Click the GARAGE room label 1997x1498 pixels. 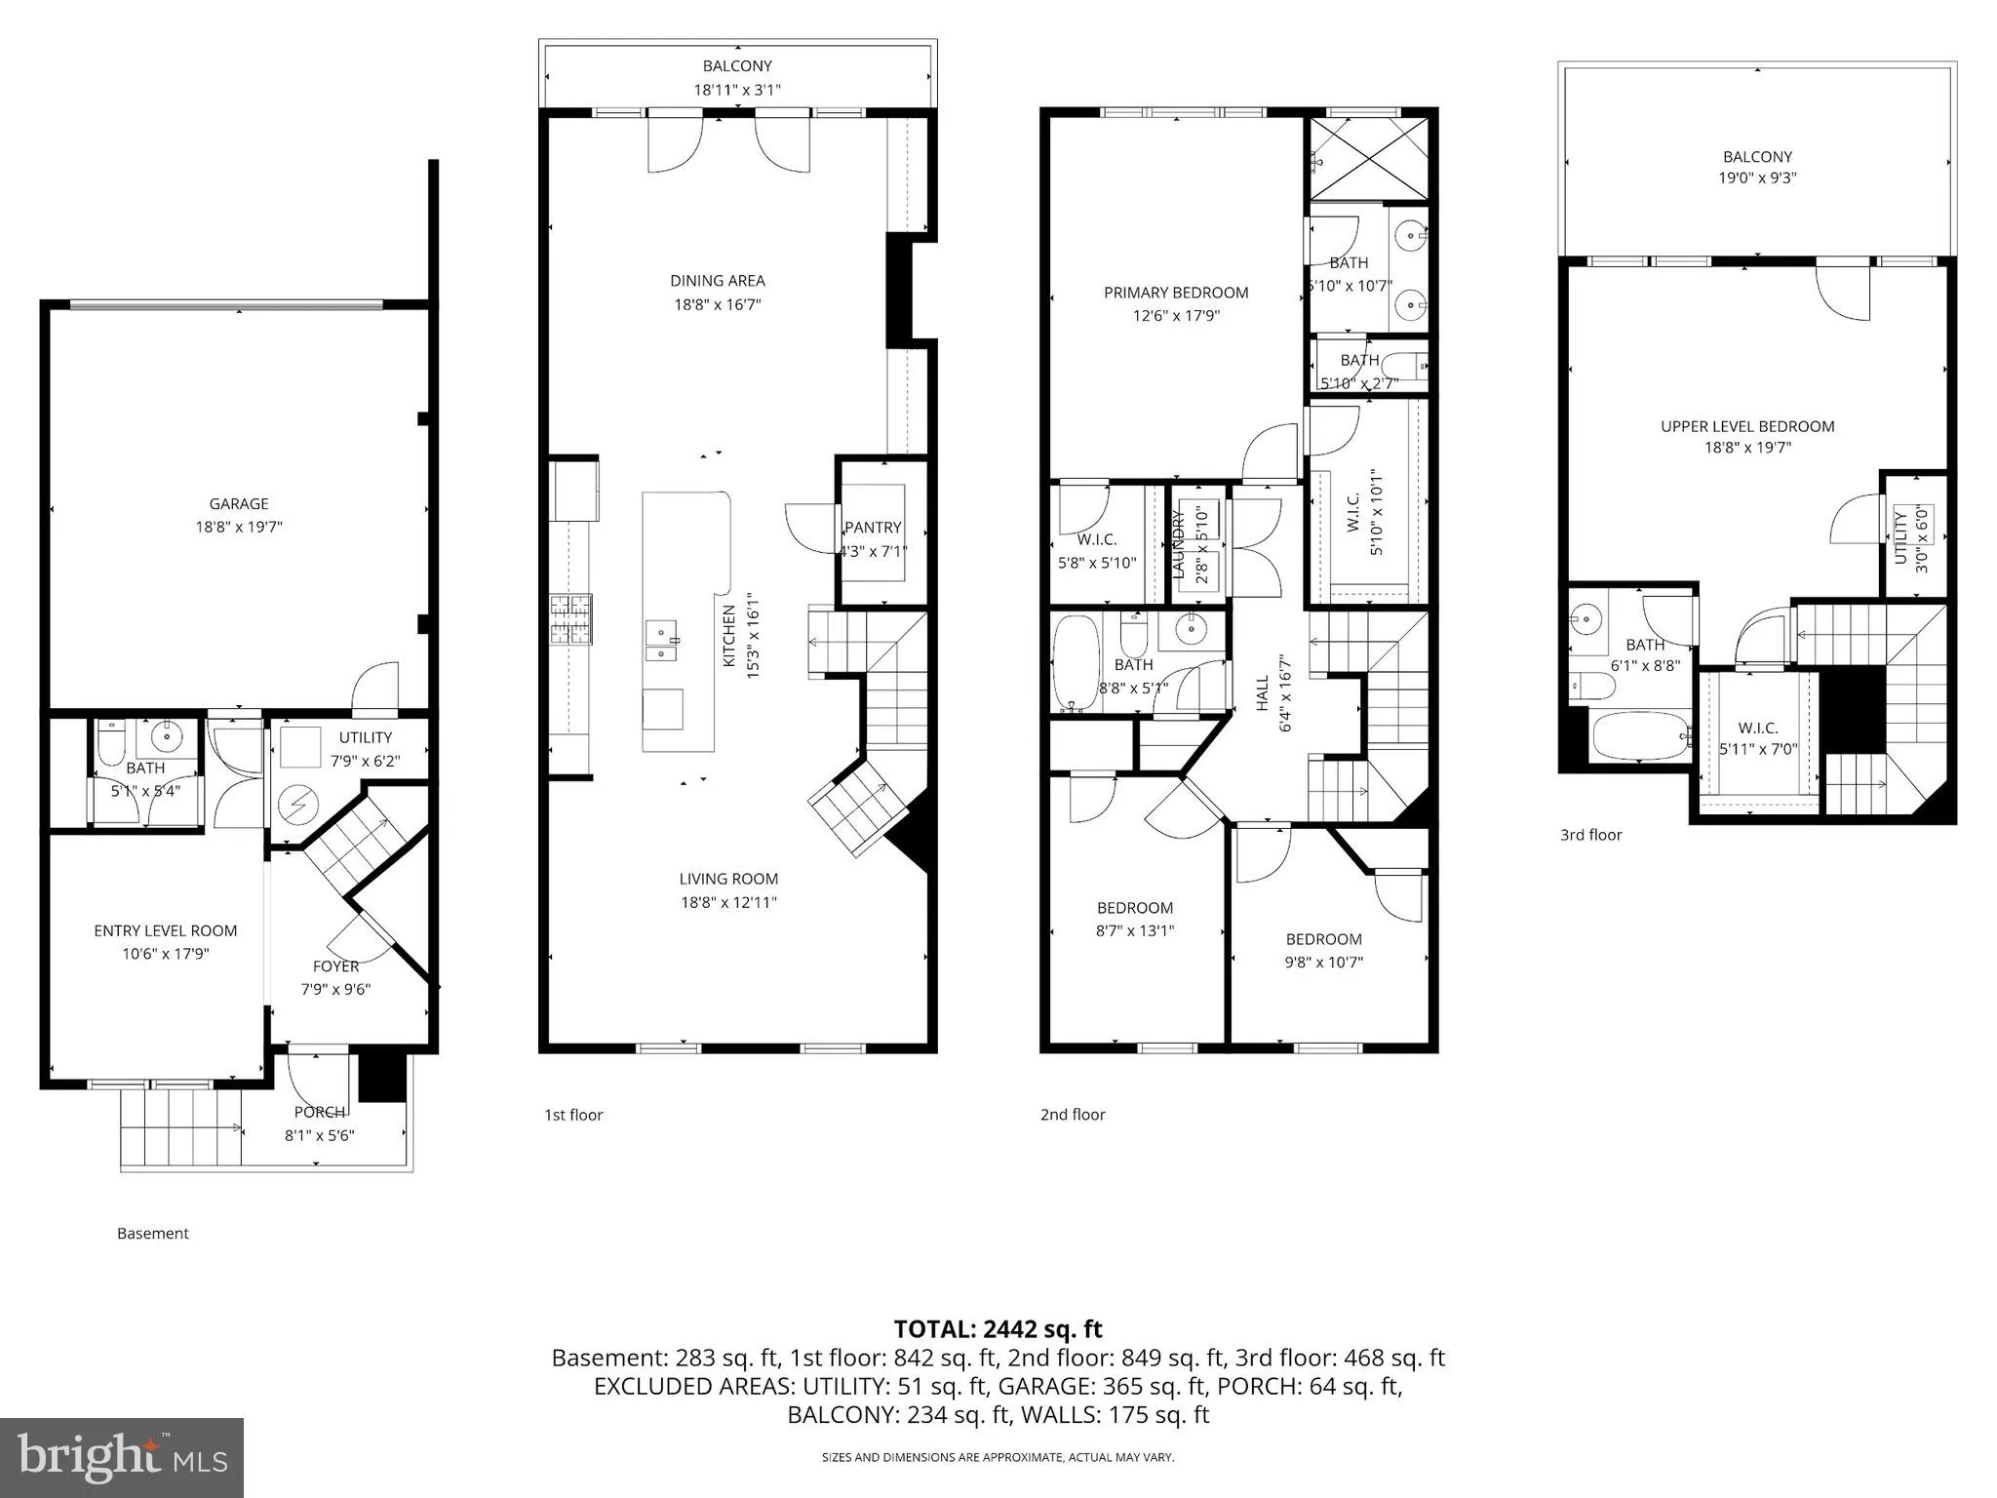[238, 504]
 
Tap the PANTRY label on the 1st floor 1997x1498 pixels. [873, 528]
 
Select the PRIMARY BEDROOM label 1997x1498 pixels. [1176, 293]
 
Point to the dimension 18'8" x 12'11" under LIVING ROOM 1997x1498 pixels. [728, 902]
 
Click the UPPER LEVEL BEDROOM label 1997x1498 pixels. [1747, 426]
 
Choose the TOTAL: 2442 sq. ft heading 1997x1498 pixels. [998, 1328]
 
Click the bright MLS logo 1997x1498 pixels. [122, 1457]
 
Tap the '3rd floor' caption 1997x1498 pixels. [1590, 835]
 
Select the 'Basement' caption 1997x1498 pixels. [153, 1234]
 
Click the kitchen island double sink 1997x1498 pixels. [662, 640]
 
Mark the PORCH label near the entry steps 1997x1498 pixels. [320, 1112]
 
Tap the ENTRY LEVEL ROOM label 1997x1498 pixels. [166, 930]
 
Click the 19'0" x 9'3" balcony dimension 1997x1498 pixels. [1757, 177]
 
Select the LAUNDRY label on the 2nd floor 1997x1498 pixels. [1178, 544]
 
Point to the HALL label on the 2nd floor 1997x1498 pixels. [1263, 692]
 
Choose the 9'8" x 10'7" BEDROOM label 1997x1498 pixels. [1323, 939]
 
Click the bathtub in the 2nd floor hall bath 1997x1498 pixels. [1076, 663]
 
